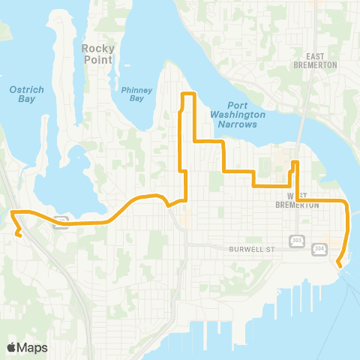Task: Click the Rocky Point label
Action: coord(97,55)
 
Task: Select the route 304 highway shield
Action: coord(320,249)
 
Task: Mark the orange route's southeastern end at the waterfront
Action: coord(339,264)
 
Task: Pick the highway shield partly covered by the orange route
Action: coord(61,220)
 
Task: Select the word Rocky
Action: coord(97,49)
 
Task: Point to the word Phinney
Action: coord(136,89)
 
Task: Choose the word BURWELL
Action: coord(246,247)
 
